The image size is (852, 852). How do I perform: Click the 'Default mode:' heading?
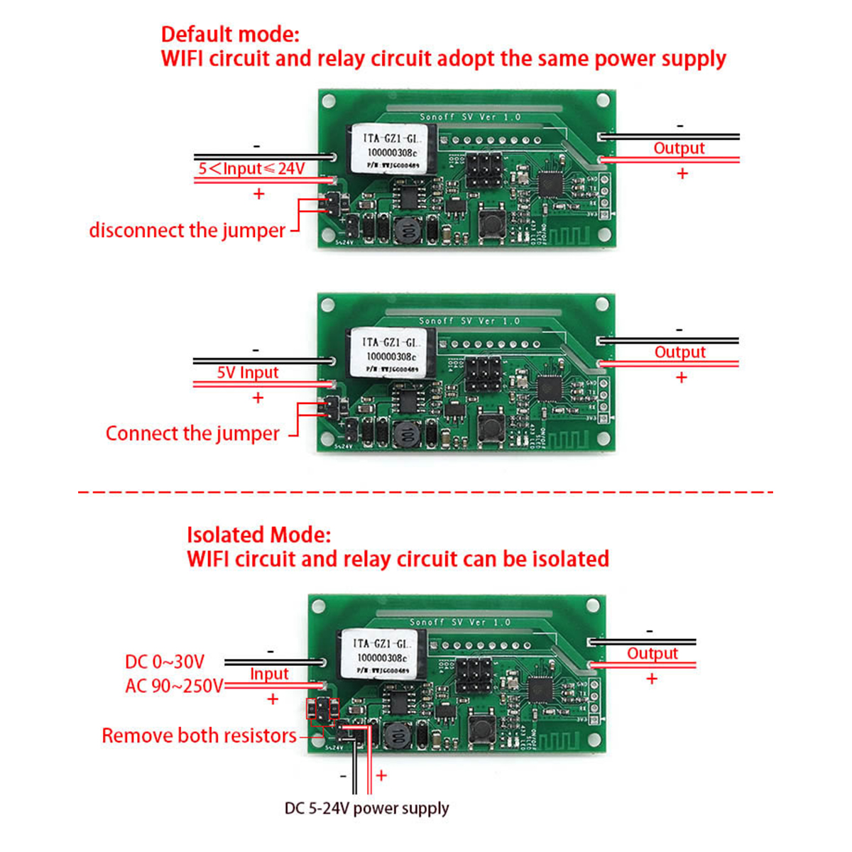point(230,34)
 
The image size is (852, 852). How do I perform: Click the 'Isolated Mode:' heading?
point(258,535)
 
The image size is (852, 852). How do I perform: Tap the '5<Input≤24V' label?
point(251,168)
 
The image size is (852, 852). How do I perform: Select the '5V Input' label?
point(248,373)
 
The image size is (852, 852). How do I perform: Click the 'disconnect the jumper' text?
point(187,231)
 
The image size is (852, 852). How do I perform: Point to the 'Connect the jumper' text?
point(192,434)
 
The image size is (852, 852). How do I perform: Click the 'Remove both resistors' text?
point(199,736)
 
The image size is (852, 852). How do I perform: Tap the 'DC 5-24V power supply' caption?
point(366,808)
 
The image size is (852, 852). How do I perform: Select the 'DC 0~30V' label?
point(165,662)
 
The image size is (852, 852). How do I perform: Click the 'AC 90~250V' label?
point(174,686)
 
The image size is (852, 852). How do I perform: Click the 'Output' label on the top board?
point(679,148)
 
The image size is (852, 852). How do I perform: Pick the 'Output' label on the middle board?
point(679,352)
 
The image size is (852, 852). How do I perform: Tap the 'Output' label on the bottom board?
point(652,653)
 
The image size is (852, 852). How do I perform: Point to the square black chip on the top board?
point(551,185)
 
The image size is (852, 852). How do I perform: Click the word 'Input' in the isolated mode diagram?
point(269,674)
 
